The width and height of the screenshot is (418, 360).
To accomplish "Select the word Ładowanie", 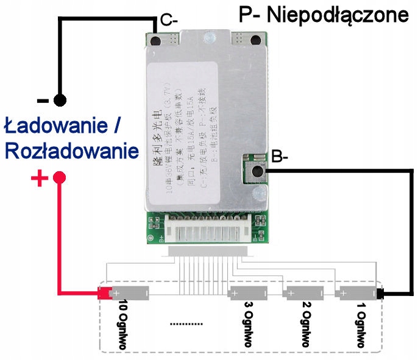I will (x=57, y=125).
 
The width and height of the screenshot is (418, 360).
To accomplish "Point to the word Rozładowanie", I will (x=71, y=150).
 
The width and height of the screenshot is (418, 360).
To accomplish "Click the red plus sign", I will (x=38, y=178).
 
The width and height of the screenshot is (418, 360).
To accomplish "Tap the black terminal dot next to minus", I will (x=59, y=99).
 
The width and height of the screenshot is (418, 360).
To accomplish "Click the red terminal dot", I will (x=60, y=178).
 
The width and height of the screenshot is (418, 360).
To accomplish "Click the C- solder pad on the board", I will (x=156, y=41).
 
